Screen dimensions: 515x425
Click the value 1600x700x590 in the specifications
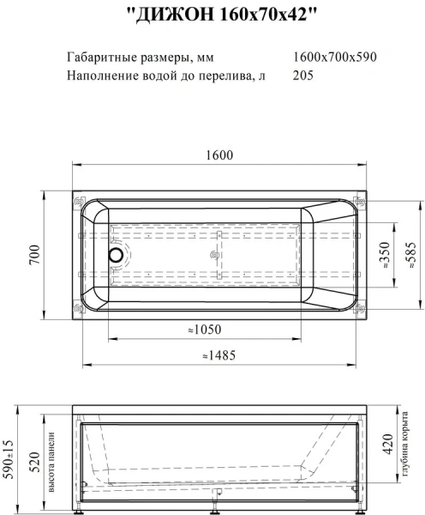pos(334,57)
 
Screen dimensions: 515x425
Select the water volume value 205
pos(302,76)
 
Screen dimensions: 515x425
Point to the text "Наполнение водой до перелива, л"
pos(165,76)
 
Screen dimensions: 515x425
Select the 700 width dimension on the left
pos(35,255)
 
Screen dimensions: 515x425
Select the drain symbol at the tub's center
pos(214,254)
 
